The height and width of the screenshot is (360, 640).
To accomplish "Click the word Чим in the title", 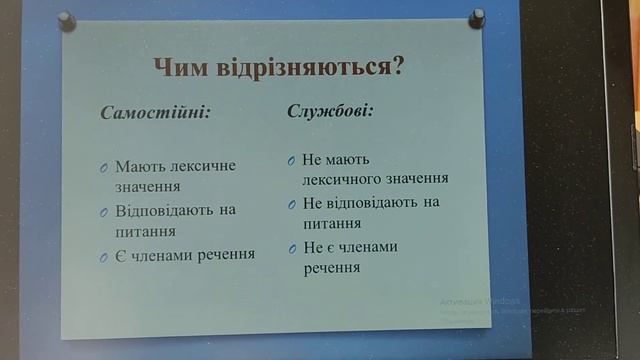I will click(x=179, y=69).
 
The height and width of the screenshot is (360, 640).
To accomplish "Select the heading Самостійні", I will click(x=155, y=111).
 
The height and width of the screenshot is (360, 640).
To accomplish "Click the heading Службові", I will click(x=329, y=109).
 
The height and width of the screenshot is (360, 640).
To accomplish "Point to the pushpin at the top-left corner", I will click(x=67, y=21).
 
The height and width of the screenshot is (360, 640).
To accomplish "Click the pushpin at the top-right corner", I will click(x=476, y=18).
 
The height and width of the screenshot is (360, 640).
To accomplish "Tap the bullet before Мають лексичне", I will click(x=104, y=167).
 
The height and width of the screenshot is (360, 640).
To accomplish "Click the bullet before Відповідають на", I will click(x=104, y=212).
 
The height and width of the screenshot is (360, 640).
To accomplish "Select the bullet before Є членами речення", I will click(x=104, y=257).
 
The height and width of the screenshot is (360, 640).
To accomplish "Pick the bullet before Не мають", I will click(x=291, y=160).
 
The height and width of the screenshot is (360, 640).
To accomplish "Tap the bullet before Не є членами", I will click(x=292, y=248).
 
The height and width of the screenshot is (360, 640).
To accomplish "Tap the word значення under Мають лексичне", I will click(x=147, y=185).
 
